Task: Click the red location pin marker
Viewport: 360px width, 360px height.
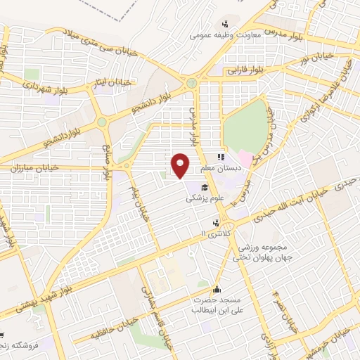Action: [x=181, y=166]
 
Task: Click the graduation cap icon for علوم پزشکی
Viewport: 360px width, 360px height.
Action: [x=204, y=187]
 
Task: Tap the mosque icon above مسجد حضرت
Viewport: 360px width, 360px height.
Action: [x=217, y=288]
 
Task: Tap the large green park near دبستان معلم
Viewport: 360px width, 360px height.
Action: [x=245, y=126]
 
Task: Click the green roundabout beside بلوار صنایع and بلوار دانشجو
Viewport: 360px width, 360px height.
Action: [x=103, y=122]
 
